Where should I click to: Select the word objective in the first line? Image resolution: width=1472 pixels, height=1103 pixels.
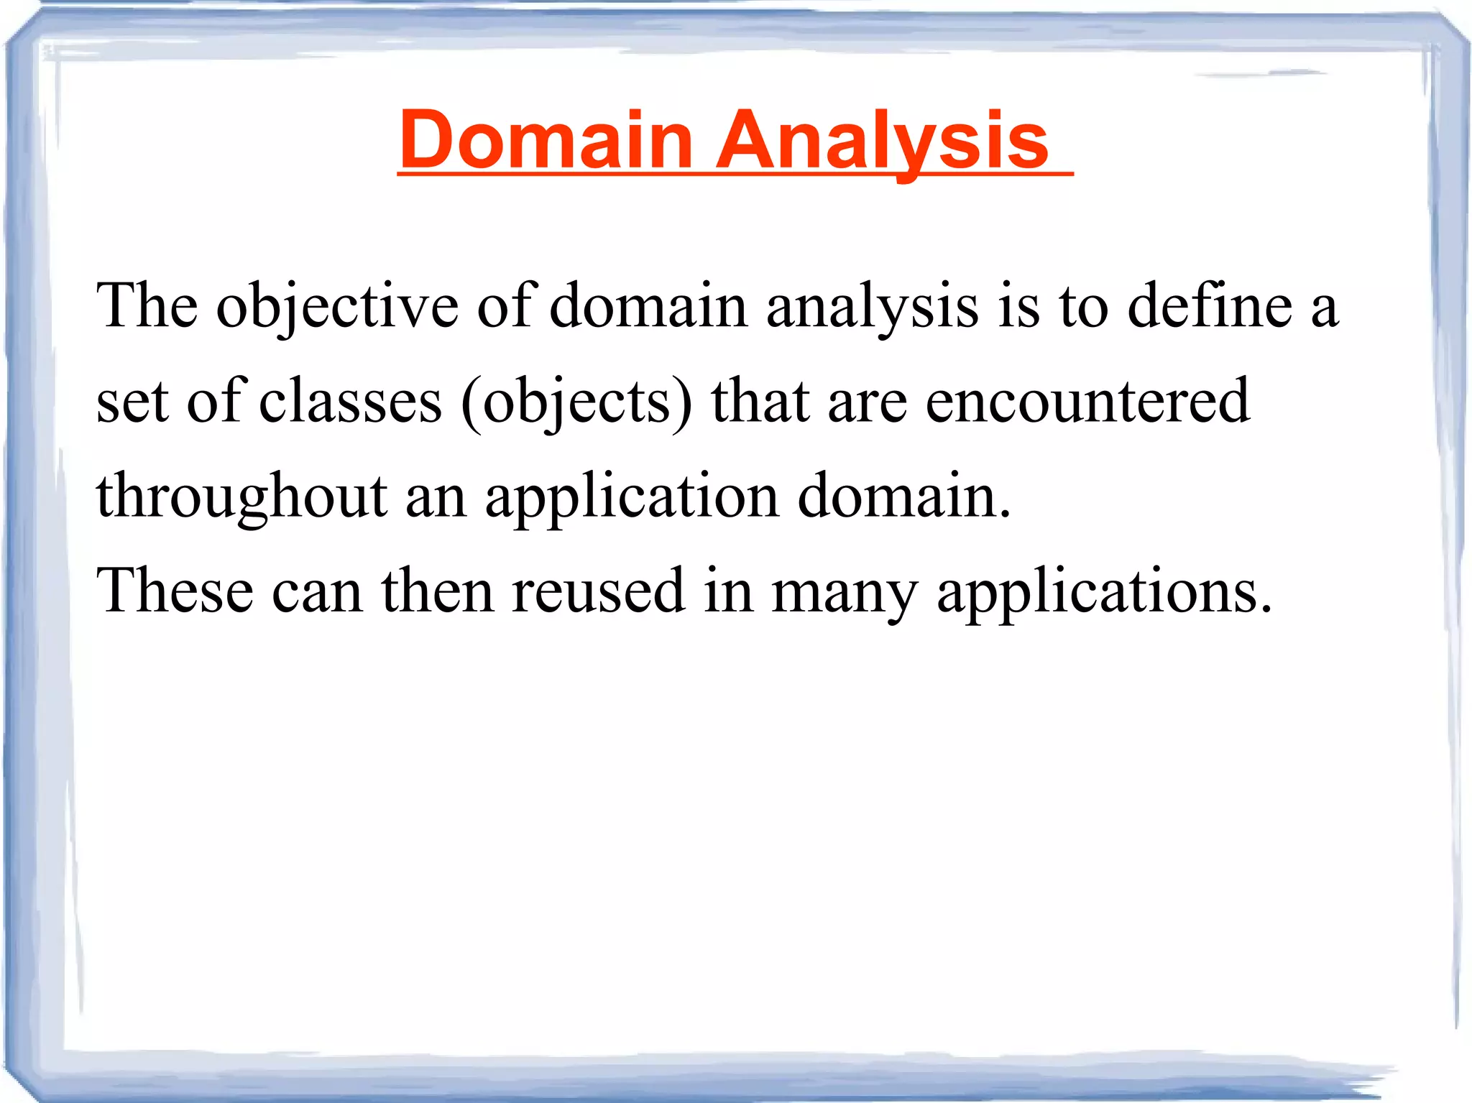coord(337,308)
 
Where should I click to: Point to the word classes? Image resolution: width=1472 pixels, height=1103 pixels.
coord(350,402)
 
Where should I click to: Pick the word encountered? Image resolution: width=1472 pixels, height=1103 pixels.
coord(1087,402)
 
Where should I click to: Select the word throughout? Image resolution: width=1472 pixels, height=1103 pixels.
coord(242,497)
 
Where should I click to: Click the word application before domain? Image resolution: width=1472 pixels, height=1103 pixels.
coord(632,497)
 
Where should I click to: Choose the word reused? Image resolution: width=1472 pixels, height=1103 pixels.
coord(598,592)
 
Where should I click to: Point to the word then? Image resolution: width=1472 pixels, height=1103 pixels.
coord(437,592)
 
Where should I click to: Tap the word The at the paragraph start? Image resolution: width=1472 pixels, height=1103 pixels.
coord(147,308)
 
